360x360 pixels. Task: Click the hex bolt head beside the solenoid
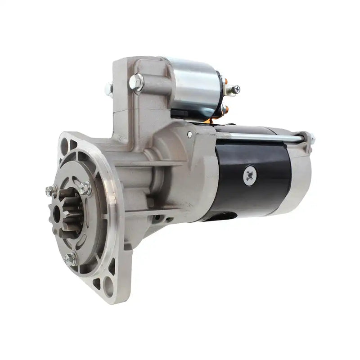136,82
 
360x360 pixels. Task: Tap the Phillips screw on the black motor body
250,175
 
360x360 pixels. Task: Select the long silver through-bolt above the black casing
261,137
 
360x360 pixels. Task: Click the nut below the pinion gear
70,259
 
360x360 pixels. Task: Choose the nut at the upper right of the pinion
85,188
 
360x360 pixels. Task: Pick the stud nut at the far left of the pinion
51,191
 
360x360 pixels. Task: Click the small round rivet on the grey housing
190,134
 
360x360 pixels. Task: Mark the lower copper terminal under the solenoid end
224,109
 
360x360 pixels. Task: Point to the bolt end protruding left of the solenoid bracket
109,89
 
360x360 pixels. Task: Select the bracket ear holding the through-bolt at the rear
308,139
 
